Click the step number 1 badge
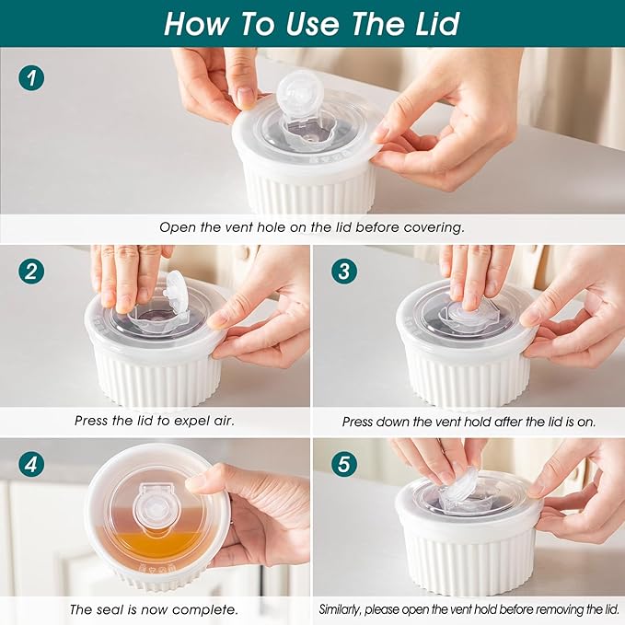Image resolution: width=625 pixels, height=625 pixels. click(31, 77)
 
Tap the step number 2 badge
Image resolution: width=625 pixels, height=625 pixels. click(31, 271)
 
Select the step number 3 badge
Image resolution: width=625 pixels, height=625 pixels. click(344, 271)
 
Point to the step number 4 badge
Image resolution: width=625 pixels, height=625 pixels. click(31, 464)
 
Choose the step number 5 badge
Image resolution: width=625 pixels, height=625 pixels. click(344, 464)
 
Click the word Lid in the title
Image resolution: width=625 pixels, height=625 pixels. click(437, 24)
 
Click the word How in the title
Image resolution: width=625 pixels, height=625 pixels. click(196, 24)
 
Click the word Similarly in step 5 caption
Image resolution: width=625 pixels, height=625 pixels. click(340, 610)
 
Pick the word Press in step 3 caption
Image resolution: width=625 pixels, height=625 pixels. click(357, 422)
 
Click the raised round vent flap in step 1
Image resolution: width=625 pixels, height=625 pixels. click(295, 91)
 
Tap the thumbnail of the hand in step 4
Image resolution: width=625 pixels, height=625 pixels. click(196, 483)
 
